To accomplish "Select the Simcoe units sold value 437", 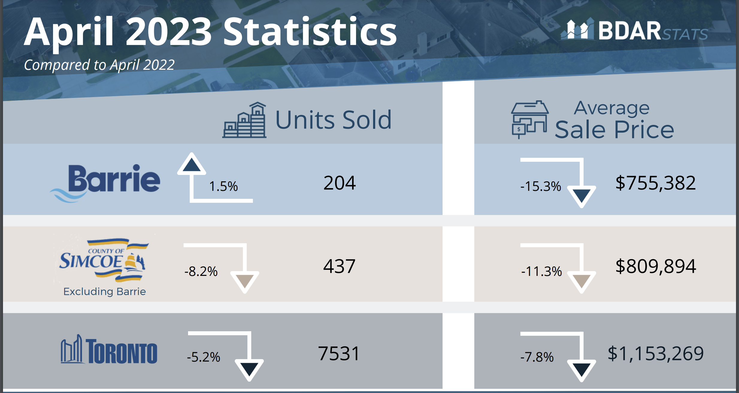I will point(339,266).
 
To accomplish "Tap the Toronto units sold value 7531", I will point(339,353).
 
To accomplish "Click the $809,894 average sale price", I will point(655,266).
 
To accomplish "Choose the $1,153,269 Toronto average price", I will point(655,353).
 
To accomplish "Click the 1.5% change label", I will point(223,186).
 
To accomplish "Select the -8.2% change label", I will point(201,271).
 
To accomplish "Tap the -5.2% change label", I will point(204,357).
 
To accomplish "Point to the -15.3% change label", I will point(540,186).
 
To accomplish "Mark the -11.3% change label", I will point(541,271).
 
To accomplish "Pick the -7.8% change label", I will point(537,357).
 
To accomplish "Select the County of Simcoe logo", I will point(103,260).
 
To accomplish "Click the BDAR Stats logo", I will point(634,31).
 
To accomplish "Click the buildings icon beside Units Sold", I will point(244,120).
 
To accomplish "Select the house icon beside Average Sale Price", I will point(529,119).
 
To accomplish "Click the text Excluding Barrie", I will point(105,291).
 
